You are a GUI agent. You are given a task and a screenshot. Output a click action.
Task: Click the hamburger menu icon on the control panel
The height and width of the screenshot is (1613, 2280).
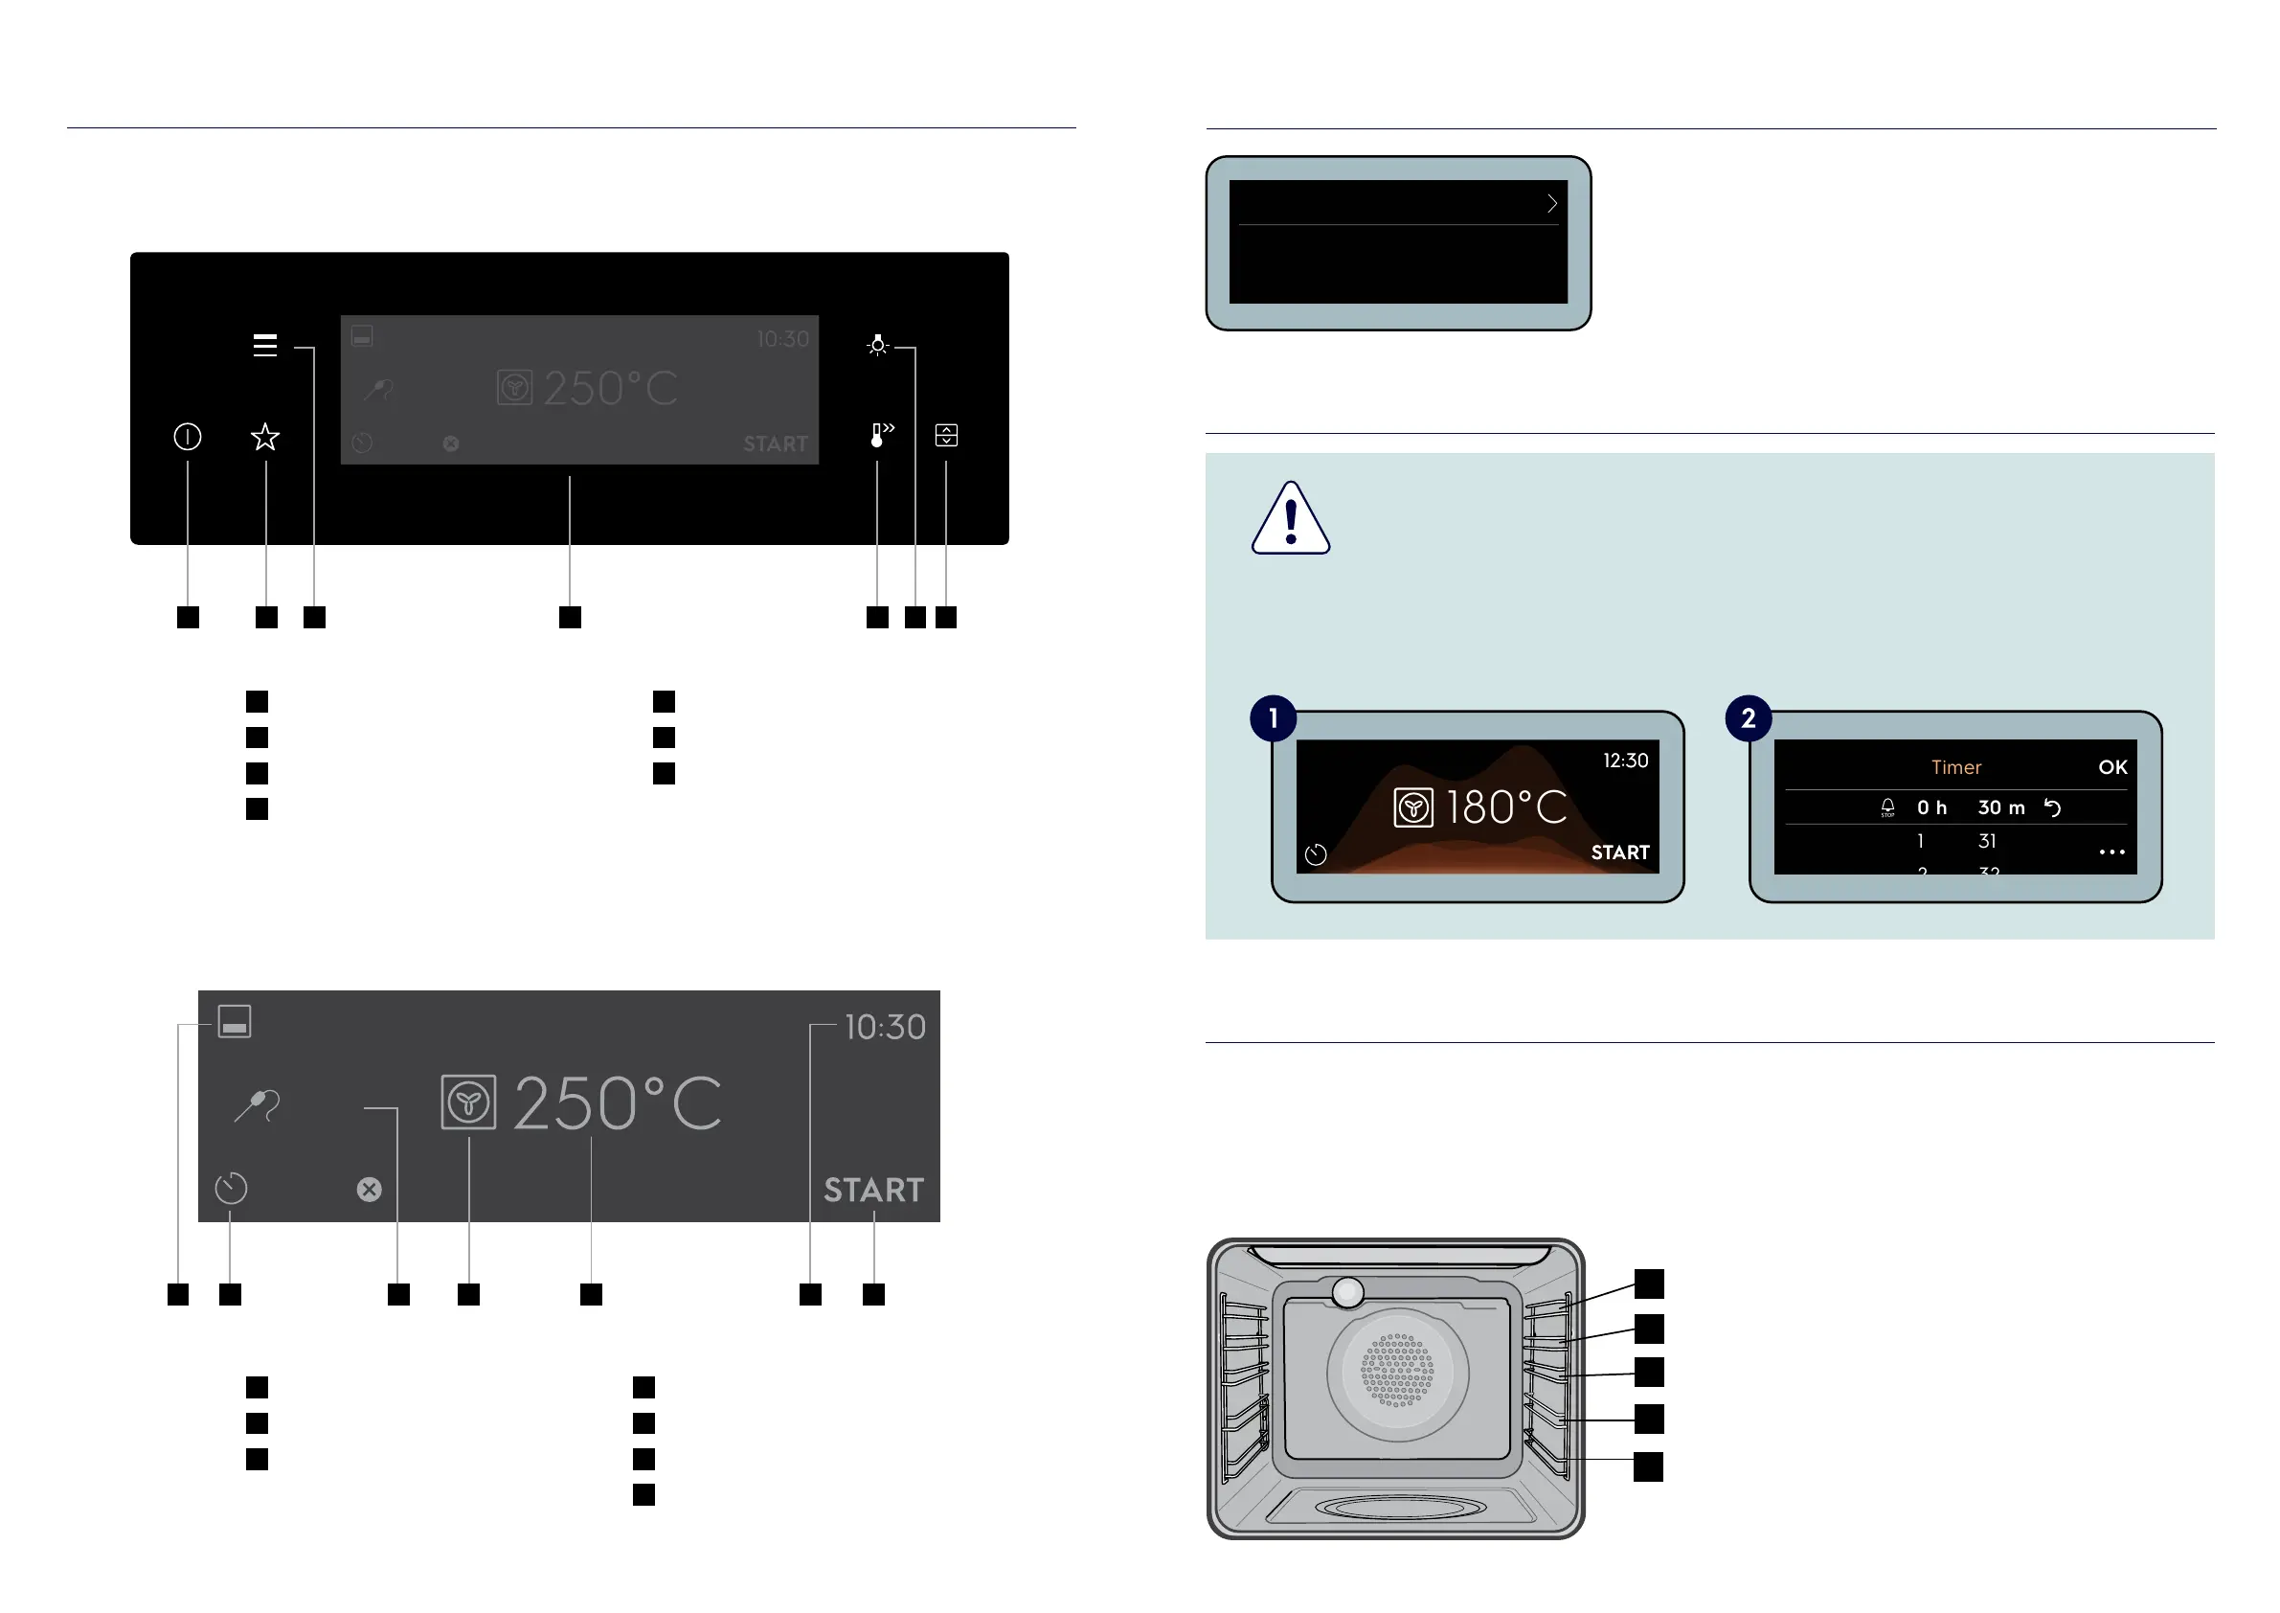(264, 346)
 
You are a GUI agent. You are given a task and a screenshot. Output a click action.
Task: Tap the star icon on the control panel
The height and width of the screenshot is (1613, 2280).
(265, 437)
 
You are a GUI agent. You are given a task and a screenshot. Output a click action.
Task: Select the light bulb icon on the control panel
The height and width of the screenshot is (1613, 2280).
(877, 346)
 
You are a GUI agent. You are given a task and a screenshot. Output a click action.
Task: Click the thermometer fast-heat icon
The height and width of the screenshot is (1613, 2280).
(881, 435)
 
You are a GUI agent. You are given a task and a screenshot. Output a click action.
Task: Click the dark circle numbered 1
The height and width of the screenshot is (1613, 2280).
(1273, 718)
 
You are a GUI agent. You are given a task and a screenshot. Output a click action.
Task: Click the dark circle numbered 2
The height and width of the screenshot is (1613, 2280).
(1749, 718)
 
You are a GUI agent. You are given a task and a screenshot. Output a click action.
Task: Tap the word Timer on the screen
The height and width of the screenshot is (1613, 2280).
(1955, 768)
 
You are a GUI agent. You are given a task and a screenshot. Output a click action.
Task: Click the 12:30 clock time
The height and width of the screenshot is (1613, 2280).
(1626, 761)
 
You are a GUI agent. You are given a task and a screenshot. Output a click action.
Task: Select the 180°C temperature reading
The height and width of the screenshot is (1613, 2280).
(1505, 807)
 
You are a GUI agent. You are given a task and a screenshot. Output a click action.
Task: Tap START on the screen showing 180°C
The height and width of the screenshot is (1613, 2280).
(1619, 853)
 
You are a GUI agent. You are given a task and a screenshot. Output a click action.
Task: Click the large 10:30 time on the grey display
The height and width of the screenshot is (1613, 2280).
(885, 1027)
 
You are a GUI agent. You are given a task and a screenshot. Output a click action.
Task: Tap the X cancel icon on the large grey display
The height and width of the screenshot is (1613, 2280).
(370, 1190)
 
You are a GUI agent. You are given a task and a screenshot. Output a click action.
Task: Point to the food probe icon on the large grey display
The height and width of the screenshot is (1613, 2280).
(259, 1105)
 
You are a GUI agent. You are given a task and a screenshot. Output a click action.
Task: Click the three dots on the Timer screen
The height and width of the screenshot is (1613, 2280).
(2112, 852)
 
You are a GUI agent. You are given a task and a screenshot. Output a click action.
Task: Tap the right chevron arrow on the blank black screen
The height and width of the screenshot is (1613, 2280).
(1552, 204)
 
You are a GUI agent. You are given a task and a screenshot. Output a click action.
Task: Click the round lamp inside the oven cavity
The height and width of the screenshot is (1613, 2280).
(1347, 1292)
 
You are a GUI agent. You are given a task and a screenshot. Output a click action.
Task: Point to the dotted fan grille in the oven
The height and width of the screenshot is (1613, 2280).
(1397, 1371)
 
